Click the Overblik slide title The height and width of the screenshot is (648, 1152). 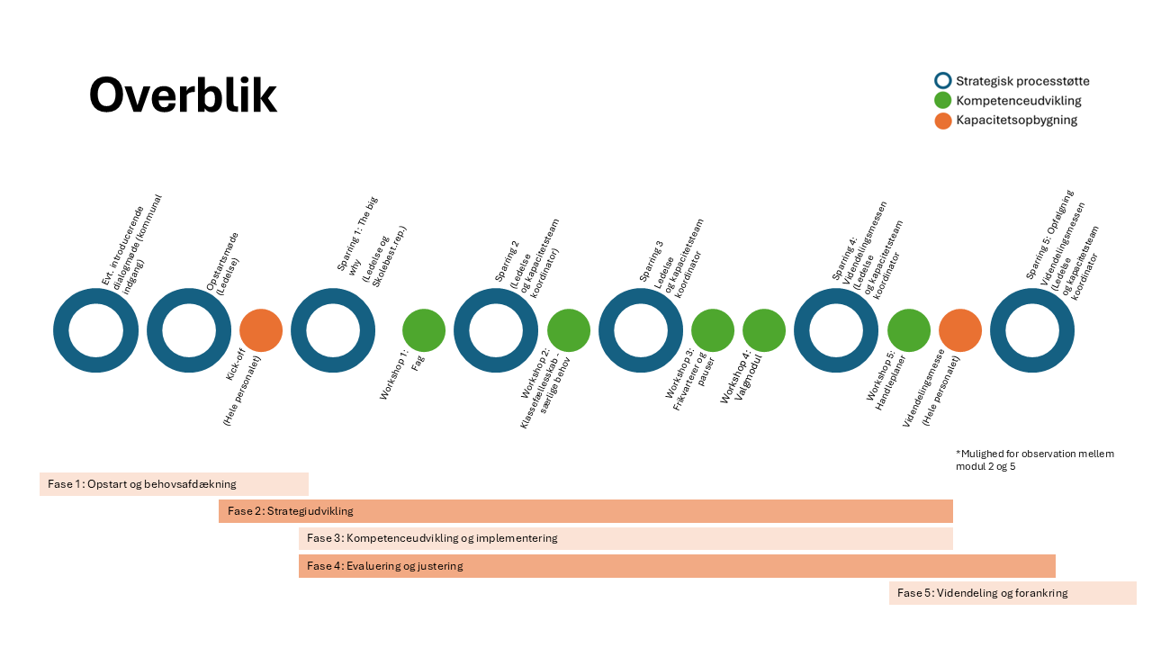coord(183,94)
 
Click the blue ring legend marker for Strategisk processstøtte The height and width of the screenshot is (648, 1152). coord(943,81)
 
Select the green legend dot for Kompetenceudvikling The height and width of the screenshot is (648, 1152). coord(943,101)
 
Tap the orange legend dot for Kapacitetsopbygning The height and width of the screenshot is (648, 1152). coord(943,121)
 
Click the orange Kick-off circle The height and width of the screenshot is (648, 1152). coord(261,330)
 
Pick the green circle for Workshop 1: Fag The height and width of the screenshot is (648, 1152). coord(424,330)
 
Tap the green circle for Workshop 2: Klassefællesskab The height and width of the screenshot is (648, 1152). coord(569,330)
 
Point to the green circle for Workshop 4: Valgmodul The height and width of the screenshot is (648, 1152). coord(764,330)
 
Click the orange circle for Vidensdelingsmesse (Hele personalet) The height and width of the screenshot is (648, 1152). coord(960,330)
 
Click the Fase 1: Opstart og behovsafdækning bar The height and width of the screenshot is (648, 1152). coord(174,484)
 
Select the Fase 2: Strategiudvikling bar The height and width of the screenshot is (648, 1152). coord(585,511)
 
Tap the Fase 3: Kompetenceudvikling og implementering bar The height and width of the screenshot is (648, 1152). coord(625,538)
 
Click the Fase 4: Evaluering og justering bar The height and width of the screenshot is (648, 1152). coord(677,566)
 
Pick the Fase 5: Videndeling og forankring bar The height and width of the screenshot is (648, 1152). coord(1012,593)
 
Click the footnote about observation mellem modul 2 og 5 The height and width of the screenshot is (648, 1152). coord(1035,460)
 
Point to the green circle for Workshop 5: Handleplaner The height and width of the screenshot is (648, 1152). coord(909,330)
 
